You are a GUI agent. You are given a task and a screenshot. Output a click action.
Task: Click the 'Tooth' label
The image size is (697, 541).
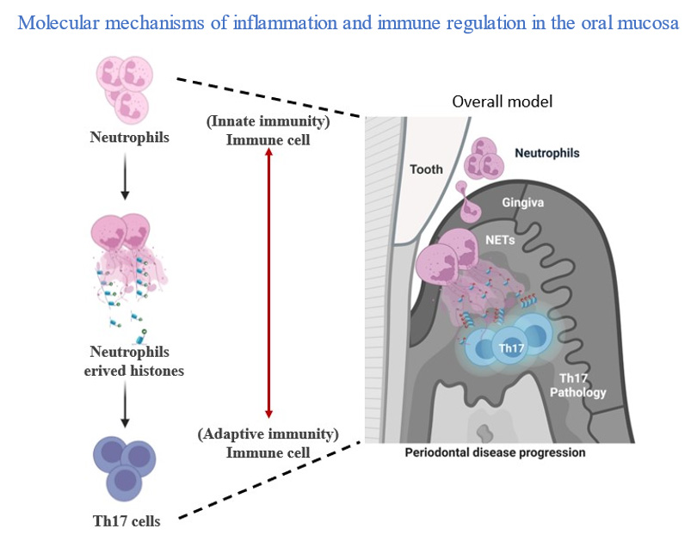(x=426, y=169)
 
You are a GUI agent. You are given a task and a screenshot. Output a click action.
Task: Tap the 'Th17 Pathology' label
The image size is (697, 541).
(x=578, y=385)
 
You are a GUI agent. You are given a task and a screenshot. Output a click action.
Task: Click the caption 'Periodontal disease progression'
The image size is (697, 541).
(x=495, y=452)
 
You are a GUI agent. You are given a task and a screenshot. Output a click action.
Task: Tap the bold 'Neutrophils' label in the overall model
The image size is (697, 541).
(x=546, y=153)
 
